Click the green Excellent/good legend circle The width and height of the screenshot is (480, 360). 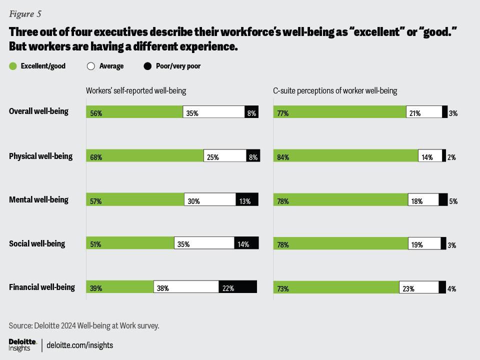pyautogui.click(x=13, y=66)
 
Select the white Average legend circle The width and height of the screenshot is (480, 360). pyautogui.click(x=91, y=66)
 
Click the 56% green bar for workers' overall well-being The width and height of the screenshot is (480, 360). pyautogui.click(x=134, y=112)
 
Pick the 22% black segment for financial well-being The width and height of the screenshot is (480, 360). pyautogui.click(x=237, y=287)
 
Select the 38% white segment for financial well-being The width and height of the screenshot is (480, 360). pyautogui.click(x=186, y=287)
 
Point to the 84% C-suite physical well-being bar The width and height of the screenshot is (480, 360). pyautogui.click(x=345, y=156)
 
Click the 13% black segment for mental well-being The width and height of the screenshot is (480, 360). pyautogui.click(x=247, y=199)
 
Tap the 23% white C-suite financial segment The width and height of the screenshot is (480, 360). pyautogui.click(x=419, y=287)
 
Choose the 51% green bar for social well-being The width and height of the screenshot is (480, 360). pyautogui.click(x=130, y=243)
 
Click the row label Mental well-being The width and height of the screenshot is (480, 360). pyautogui.click(x=38, y=200)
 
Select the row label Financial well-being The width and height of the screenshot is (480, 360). pyautogui.click(x=42, y=287)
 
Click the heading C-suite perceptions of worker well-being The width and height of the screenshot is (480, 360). pyautogui.click(x=335, y=91)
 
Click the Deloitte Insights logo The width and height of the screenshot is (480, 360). pyautogui.click(x=22, y=344)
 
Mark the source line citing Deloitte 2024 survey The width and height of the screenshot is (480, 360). pyautogui.click(x=84, y=325)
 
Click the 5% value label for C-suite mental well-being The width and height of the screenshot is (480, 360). pyautogui.click(x=453, y=201)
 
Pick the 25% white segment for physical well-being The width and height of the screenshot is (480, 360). pyautogui.click(x=225, y=156)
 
